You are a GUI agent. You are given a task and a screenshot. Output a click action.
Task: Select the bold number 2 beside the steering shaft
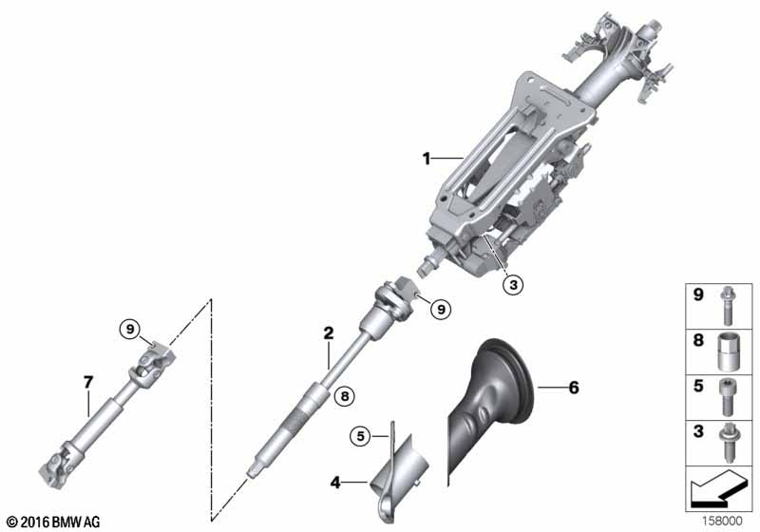click(328, 332)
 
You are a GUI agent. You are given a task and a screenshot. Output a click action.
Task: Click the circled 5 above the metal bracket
click(359, 436)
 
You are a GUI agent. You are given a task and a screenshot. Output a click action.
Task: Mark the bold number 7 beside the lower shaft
click(87, 383)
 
